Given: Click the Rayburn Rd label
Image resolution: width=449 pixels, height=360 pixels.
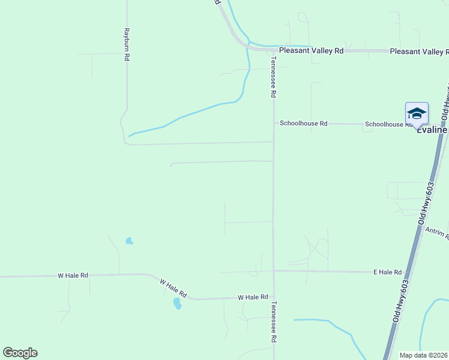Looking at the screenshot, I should point(127,44).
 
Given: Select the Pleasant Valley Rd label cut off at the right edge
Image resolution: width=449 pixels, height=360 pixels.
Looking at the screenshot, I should point(419,52).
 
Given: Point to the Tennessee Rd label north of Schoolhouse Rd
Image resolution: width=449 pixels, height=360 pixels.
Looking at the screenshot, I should point(273,74).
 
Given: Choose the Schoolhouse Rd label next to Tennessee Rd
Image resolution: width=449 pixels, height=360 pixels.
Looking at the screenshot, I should point(304,124).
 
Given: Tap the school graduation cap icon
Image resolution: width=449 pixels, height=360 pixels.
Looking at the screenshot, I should point(417,113).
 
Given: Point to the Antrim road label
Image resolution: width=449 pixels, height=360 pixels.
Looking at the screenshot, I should point(436,233).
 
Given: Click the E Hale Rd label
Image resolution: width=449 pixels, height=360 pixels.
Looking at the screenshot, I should point(387,272).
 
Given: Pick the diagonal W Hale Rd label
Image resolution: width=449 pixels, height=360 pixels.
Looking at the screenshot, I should point(173,289).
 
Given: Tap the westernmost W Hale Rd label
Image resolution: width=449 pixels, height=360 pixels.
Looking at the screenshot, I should point(73,275).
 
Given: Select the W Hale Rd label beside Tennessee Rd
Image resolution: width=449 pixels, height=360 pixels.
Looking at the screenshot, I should point(252,297).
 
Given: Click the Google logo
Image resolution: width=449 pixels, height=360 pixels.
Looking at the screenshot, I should point(20,353).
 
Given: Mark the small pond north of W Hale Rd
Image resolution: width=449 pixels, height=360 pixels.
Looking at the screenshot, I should point(129,241).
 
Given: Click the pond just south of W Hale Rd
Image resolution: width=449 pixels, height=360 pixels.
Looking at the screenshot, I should point(177,304).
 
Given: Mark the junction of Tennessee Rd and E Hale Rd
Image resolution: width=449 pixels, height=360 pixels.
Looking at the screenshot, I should point(274,271).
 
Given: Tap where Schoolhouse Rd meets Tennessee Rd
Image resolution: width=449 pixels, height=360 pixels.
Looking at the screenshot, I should point(274,123).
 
